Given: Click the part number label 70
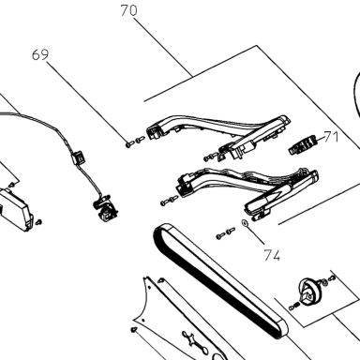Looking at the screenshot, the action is pos(128,10).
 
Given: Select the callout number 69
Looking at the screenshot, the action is pos(40,54).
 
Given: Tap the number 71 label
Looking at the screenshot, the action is pos(331,137).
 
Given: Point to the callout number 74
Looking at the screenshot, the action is pos(272,255).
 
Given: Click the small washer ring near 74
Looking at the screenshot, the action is pos(245,223).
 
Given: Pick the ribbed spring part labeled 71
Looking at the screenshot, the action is pos(303,144).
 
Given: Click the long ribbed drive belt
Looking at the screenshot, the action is pos(220,281).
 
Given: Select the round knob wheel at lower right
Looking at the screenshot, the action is pos(309,291).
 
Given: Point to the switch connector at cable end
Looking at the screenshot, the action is pos(106,208).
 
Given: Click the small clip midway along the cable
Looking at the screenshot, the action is pos(78,157).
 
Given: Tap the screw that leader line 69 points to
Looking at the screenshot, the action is pos(129,144).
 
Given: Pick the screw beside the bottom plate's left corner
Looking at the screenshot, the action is pos(134,329).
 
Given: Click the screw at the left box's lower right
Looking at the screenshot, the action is pos(38,222).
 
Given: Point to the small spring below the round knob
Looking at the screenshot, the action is pos(293,307).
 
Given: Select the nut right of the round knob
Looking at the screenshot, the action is pos(325,282).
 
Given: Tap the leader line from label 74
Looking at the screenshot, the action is pos(255,233).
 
